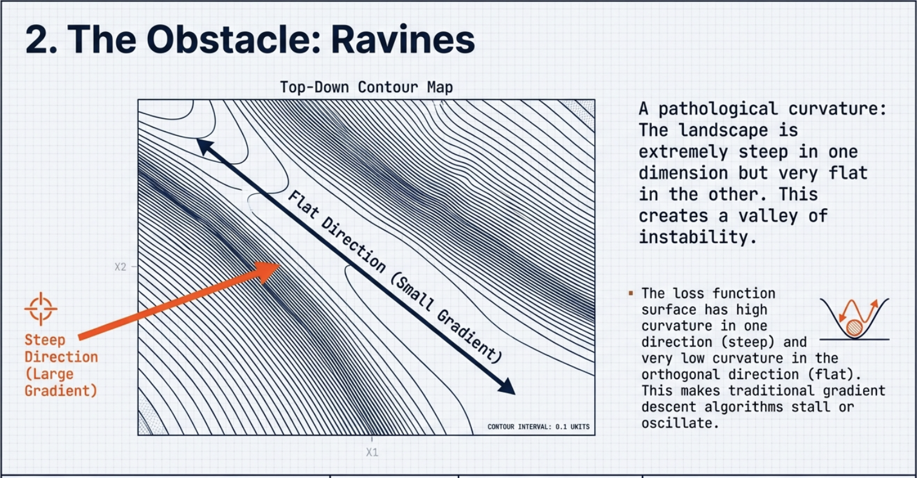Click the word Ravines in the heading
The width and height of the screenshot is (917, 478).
[403, 39]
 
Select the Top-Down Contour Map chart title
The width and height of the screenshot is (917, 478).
[366, 87]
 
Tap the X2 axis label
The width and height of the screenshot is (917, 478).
[121, 267]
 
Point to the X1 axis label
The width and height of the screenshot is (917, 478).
[372, 452]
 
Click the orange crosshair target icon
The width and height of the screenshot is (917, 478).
[41, 309]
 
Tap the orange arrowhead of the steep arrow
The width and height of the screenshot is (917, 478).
[266, 271]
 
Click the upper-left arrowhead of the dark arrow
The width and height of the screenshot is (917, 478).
[205, 147]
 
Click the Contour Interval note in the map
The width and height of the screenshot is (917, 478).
[538, 427]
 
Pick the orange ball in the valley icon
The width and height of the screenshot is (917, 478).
[855, 328]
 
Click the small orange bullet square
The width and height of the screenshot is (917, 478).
[631, 293]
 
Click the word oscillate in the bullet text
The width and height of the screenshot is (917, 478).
[680, 423]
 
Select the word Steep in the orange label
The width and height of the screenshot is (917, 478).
[45, 340]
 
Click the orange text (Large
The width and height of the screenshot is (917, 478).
[49, 374]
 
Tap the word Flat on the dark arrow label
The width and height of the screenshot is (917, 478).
[303, 204]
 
